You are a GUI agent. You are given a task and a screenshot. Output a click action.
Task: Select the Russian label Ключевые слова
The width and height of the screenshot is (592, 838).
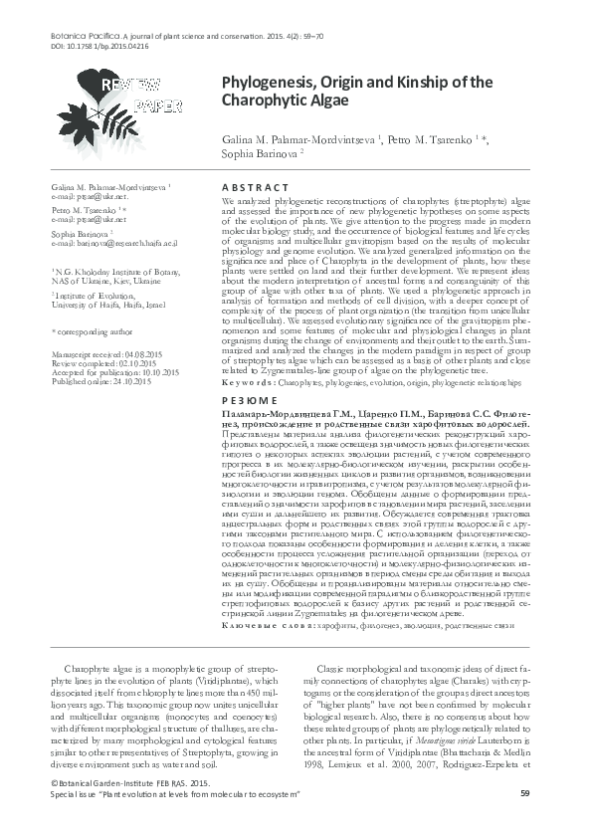click(263, 625)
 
